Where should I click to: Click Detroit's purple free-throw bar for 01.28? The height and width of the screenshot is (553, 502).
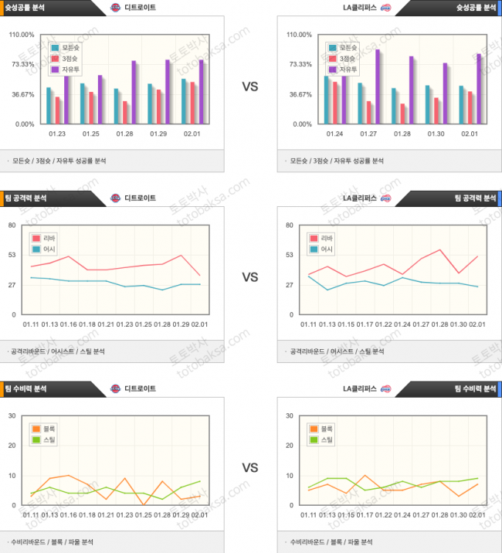(x=134, y=92)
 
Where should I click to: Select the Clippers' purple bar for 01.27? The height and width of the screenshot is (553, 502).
(x=378, y=87)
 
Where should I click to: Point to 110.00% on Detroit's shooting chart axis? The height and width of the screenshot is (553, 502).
(x=21, y=35)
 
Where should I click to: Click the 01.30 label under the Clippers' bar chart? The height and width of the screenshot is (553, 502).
(x=436, y=134)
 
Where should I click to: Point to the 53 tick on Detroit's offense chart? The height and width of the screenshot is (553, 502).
(x=12, y=254)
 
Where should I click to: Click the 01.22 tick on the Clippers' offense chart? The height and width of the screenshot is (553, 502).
(x=384, y=324)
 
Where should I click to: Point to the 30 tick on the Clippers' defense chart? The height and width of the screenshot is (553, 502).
(x=289, y=416)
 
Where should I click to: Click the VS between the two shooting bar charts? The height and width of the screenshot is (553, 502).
(x=250, y=87)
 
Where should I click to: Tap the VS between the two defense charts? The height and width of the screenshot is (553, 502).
(x=250, y=468)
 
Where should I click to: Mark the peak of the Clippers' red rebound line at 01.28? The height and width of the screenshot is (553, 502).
(x=440, y=249)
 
